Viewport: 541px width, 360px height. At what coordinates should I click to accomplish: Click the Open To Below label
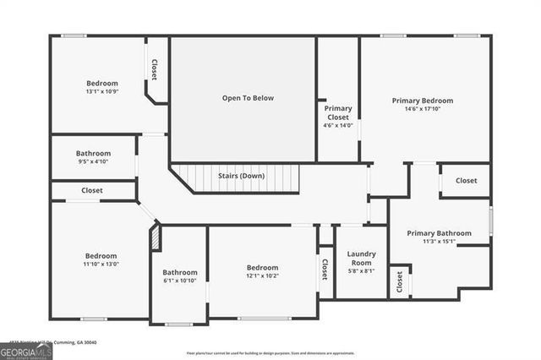click(248, 98)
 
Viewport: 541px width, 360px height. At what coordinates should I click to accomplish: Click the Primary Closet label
click(338, 112)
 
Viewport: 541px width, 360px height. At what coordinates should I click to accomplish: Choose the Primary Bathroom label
click(439, 232)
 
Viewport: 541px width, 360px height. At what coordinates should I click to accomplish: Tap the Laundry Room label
click(361, 258)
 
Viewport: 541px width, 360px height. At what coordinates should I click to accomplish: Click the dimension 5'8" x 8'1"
click(361, 271)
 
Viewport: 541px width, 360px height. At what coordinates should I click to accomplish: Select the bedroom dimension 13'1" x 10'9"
click(101, 91)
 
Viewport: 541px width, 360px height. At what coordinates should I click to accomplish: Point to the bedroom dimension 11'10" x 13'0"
click(101, 265)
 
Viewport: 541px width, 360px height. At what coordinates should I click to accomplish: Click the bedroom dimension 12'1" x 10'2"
click(262, 275)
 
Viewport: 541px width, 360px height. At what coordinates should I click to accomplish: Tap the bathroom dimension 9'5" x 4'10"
click(93, 161)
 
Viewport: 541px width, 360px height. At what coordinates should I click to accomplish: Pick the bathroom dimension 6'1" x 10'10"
click(180, 281)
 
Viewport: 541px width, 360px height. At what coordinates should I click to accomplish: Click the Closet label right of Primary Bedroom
click(466, 180)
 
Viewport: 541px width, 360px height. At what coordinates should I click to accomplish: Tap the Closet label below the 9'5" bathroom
click(92, 190)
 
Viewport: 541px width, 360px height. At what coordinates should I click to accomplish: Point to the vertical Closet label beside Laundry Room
click(325, 269)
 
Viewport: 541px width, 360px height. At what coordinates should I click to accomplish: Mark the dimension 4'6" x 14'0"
click(338, 125)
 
